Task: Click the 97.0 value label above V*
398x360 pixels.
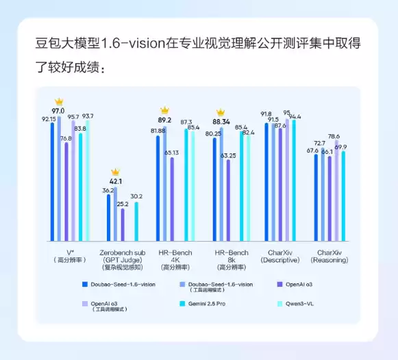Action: [58, 111]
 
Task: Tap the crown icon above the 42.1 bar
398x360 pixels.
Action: [115, 172]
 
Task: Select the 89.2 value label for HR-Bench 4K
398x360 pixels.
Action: [164, 120]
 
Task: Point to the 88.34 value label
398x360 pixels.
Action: [221, 122]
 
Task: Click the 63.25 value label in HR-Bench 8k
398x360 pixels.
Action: [227, 155]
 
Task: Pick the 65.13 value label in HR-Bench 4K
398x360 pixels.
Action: [171, 153]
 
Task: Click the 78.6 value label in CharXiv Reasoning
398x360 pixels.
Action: [334, 136]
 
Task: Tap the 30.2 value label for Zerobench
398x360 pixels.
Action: [136, 196]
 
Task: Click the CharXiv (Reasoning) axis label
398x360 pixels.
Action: [329, 257]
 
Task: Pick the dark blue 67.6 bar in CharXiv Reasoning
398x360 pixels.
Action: [316, 198]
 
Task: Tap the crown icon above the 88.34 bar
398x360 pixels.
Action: [221, 112]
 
